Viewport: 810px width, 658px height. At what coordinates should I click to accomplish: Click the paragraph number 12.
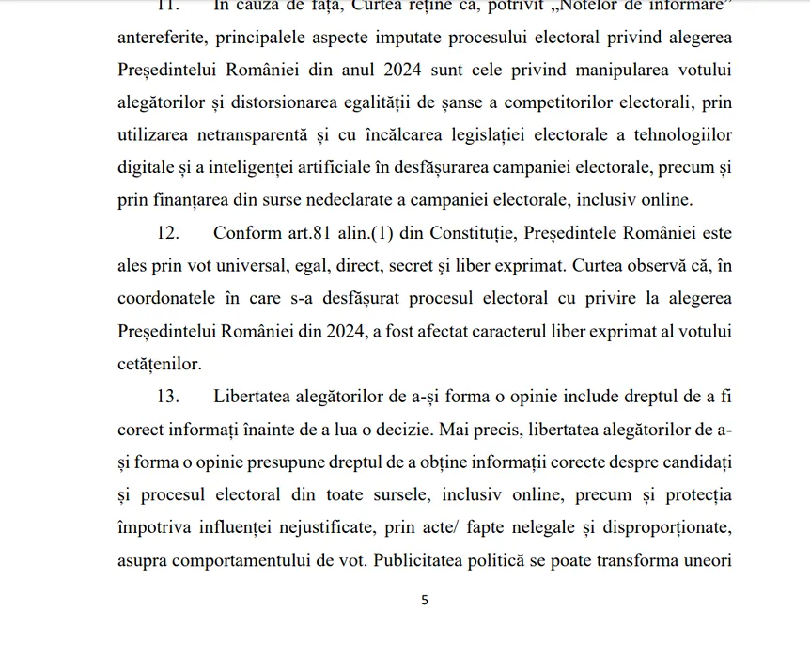(x=168, y=233)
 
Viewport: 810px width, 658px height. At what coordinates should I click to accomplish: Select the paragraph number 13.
(x=168, y=397)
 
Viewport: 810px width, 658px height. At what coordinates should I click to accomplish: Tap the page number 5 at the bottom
(x=425, y=600)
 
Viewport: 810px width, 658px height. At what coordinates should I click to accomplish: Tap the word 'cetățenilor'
(x=159, y=364)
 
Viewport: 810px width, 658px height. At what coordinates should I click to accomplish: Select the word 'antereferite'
(x=163, y=38)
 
